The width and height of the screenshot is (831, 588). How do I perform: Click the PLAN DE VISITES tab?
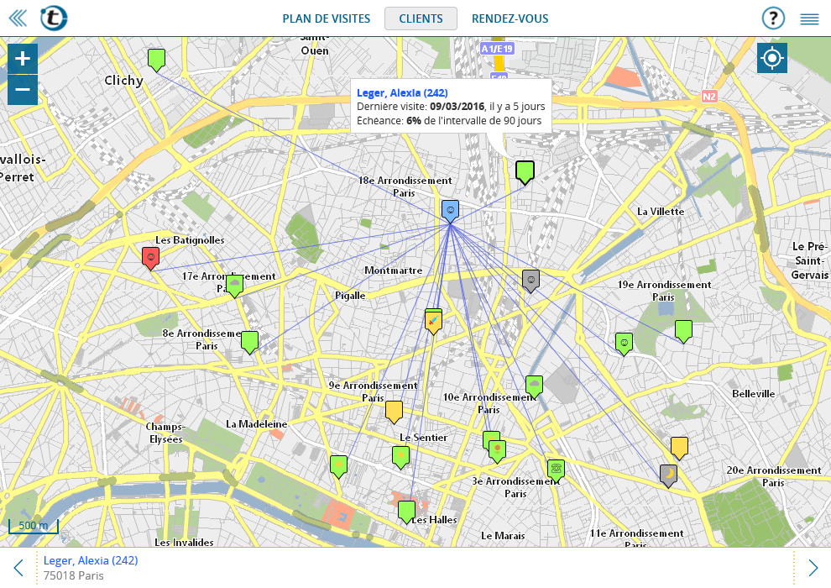326,18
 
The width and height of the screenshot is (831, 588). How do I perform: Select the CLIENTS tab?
421,18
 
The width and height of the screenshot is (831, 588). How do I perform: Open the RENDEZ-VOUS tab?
510,18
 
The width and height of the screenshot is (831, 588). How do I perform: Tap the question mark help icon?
772,18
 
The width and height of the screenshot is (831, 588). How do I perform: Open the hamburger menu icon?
809,18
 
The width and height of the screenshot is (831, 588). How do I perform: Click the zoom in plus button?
23,59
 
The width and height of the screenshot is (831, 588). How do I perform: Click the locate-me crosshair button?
771,59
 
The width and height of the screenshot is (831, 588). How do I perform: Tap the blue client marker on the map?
450,210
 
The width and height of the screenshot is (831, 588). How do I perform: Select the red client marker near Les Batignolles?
151,257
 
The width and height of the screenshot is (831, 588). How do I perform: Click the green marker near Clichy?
156,59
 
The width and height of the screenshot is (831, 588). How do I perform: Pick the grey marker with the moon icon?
668,475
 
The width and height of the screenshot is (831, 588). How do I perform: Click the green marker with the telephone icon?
555,468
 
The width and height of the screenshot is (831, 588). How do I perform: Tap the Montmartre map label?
393,270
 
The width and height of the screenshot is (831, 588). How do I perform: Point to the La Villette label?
661,212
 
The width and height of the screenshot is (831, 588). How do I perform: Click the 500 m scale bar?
34,527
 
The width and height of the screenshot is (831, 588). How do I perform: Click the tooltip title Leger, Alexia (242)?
402,92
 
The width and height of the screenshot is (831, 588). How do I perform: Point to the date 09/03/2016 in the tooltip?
457,107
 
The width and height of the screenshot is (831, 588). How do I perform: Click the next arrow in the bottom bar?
813,568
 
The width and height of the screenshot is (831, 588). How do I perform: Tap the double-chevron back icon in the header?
17,18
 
